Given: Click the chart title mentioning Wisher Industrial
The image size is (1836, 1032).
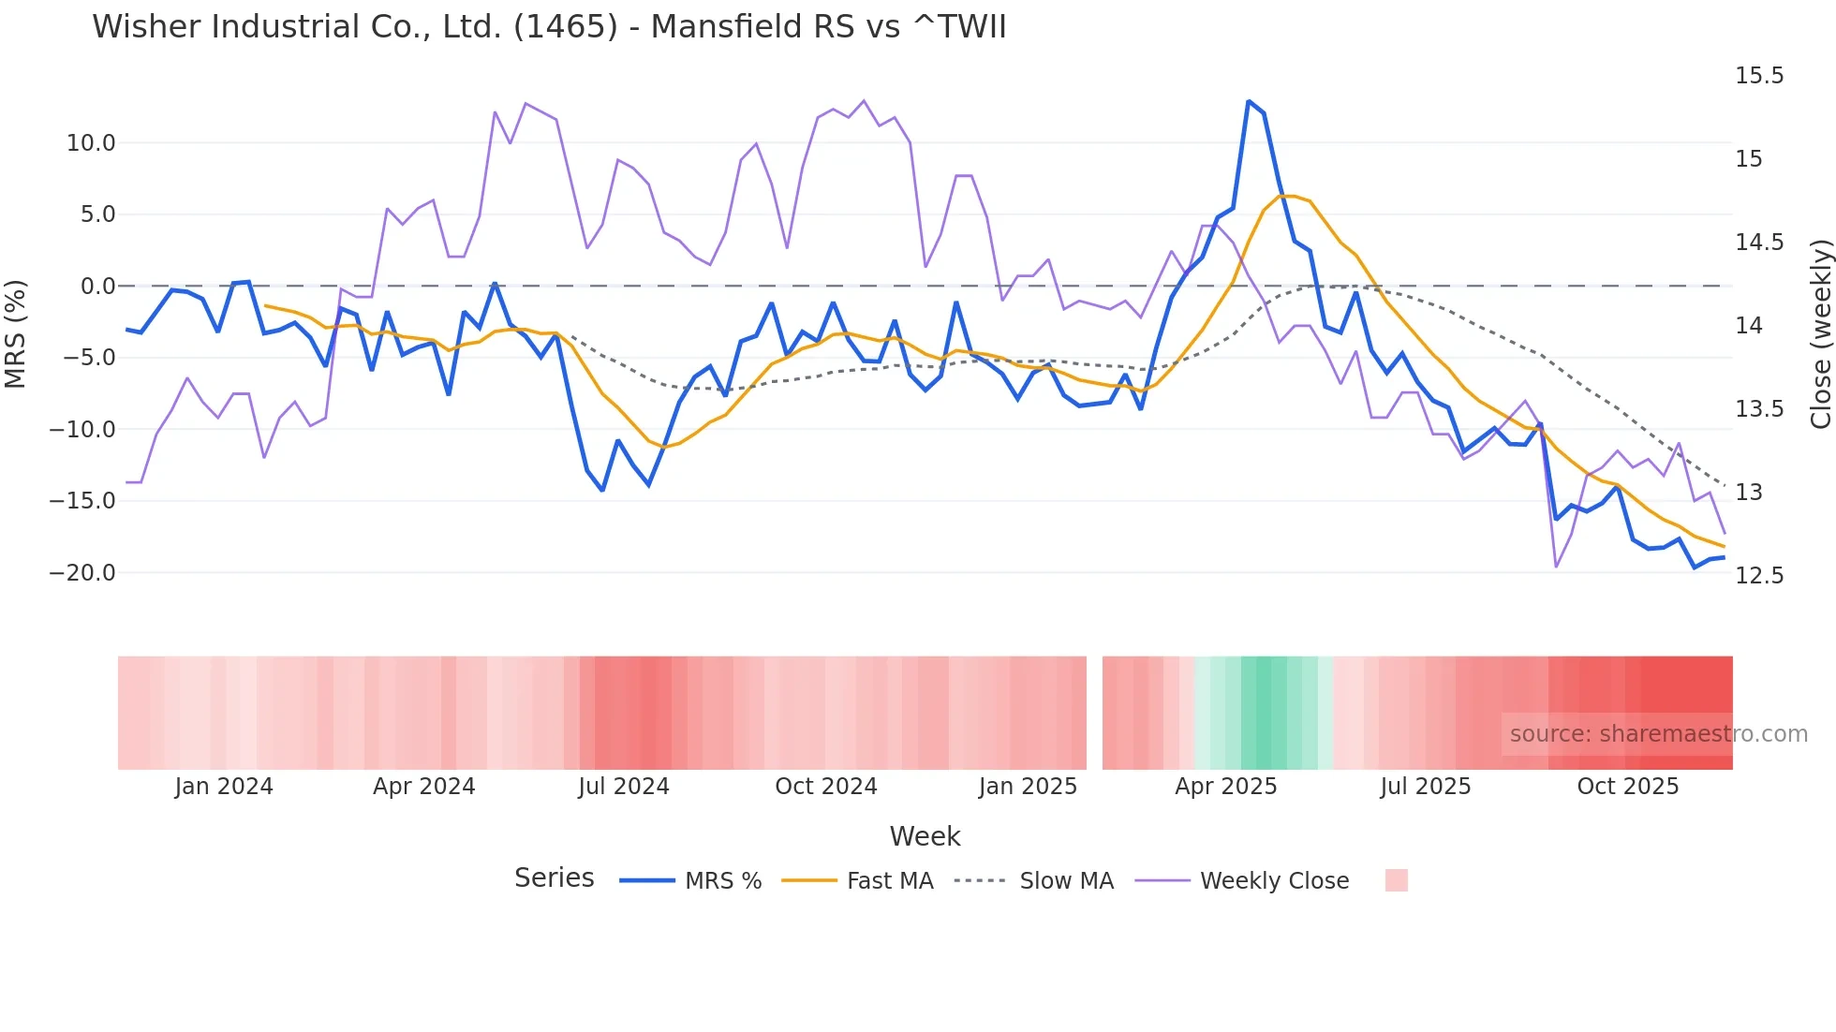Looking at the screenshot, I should tap(549, 27).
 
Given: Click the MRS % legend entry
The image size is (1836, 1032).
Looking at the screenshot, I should tap(722, 881).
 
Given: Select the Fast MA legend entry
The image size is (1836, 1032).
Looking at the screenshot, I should tap(889, 881).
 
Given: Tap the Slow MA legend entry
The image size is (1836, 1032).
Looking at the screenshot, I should tap(1066, 881).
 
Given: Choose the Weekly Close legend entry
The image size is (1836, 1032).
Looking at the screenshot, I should tap(1274, 881).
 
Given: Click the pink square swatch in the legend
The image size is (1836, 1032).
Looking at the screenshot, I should tap(1396, 880).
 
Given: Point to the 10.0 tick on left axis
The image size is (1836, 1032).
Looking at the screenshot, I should tap(91, 143).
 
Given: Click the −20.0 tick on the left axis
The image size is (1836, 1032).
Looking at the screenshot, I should tap(82, 573).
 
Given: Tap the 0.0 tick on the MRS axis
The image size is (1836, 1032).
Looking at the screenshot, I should tap(98, 287).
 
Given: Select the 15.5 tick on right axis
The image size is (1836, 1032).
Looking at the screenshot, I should tap(1758, 76).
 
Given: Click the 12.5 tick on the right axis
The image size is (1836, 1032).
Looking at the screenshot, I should tap(1758, 576).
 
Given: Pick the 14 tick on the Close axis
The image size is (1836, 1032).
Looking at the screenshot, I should tap(1748, 326).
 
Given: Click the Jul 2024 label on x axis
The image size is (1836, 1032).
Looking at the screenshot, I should tap(623, 787).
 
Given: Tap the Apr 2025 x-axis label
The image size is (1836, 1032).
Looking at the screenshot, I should tap(1225, 787).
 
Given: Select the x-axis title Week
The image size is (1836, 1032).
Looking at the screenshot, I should tap(925, 836).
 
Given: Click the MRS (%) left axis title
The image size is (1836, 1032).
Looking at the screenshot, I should tap(16, 334).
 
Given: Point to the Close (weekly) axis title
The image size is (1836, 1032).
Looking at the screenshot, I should tap(1820, 334).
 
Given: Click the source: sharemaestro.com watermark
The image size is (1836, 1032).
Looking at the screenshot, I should tap(1658, 734).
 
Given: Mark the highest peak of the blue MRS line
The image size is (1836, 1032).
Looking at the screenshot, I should tap(1249, 101).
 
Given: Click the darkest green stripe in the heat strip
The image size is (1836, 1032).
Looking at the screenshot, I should tap(1270, 713).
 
